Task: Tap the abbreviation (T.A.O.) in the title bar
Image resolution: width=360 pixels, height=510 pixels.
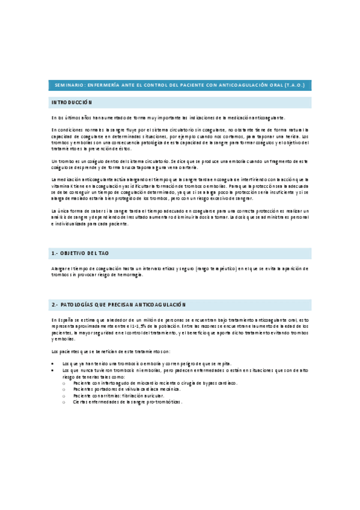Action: pos(293,85)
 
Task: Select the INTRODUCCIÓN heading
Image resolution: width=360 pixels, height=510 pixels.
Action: pos(72,103)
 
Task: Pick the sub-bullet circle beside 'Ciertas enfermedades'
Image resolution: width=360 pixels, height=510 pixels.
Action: pos(64,402)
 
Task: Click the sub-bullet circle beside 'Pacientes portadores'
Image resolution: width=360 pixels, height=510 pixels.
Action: pos(64,389)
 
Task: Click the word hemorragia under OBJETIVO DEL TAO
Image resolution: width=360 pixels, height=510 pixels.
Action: pos(132,274)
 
